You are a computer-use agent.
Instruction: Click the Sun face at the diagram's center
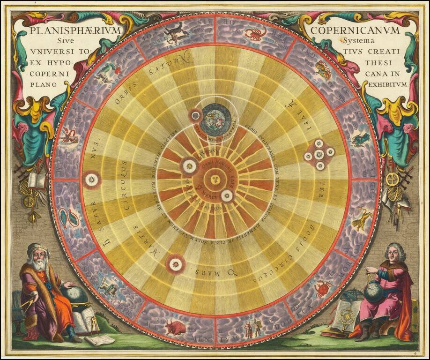pos(215,180)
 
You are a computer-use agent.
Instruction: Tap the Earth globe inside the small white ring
pos(215,120)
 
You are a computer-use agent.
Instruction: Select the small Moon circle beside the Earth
pos(194,115)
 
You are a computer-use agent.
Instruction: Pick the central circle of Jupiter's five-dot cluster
pos(319,154)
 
